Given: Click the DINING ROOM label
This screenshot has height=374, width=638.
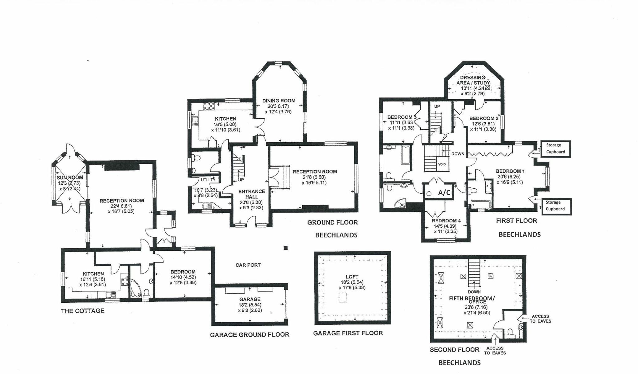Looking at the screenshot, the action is pos(279,101).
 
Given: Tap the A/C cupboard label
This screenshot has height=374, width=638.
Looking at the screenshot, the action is pos(444,193).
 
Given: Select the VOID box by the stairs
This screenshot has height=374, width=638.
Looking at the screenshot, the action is pos(442,164).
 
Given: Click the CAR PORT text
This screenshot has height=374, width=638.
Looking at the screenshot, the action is pos(248,265).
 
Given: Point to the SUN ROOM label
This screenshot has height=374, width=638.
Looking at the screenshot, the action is pos(70,178).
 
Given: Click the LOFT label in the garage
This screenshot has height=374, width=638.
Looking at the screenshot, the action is pos(352,277).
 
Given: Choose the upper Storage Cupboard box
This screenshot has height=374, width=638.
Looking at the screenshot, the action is pos(555,149).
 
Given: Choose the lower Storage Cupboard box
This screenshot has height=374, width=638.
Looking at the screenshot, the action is pos(555,206).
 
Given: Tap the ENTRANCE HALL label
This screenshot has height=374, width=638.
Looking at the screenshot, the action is pos(252,194).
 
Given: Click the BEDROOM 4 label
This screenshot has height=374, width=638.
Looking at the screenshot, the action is pos(446,221).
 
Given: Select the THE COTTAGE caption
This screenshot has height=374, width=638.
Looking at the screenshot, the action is pos(83,311).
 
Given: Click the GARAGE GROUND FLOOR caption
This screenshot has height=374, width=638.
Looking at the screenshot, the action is pos(250,335).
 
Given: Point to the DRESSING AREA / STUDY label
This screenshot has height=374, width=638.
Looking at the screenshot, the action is pos(473,80).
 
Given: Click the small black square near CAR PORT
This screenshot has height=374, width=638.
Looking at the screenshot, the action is pos(285,248).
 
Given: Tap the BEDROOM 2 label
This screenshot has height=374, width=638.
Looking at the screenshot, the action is pos(484,118).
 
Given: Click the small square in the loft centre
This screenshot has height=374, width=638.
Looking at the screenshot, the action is pos(342,298).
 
